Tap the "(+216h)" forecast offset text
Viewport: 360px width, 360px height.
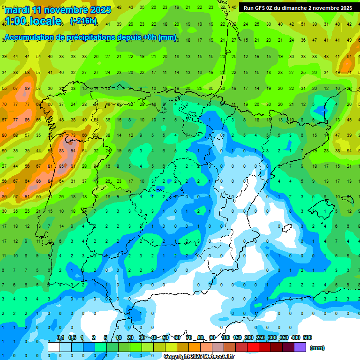[x=83, y=21]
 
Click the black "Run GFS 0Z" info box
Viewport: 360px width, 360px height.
[x=298, y=8]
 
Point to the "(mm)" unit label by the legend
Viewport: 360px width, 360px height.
[x=317, y=348]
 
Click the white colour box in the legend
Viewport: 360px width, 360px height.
[x=54, y=347]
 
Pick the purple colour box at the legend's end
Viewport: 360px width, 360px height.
[x=300, y=347]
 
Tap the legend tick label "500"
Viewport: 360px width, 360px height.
[x=307, y=337]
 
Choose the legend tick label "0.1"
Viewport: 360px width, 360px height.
[x=60, y=337]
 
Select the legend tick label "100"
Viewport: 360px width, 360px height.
[x=225, y=337]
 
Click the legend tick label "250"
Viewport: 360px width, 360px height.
[x=260, y=337]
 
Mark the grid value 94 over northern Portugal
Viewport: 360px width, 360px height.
[x=73, y=151]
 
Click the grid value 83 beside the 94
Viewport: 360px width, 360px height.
[x=61, y=151]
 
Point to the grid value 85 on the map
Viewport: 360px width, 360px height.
[x=61, y=166]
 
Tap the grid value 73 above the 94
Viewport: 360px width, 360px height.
[x=73, y=135]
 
